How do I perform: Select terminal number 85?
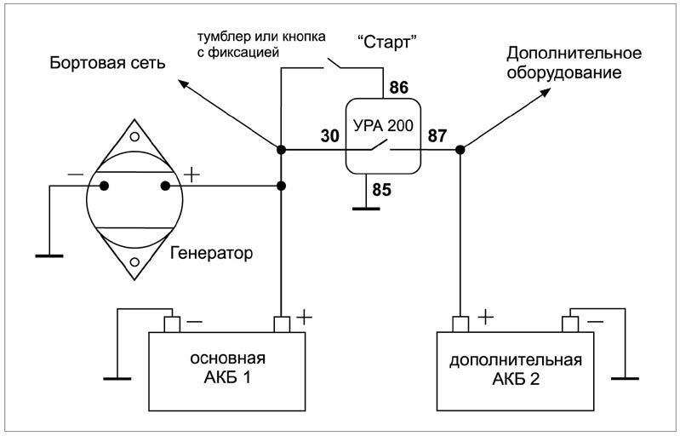pyautogui.click(x=381, y=189)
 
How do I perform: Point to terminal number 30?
pyautogui.click(x=329, y=136)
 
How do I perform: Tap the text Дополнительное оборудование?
pyautogui.click(x=574, y=64)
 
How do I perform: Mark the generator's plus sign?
pyautogui.click(x=191, y=175)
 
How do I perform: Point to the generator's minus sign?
pyautogui.click(x=76, y=175)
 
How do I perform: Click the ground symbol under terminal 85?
pyautogui.click(x=365, y=208)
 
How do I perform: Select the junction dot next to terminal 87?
pyautogui.click(x=460, y=150)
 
